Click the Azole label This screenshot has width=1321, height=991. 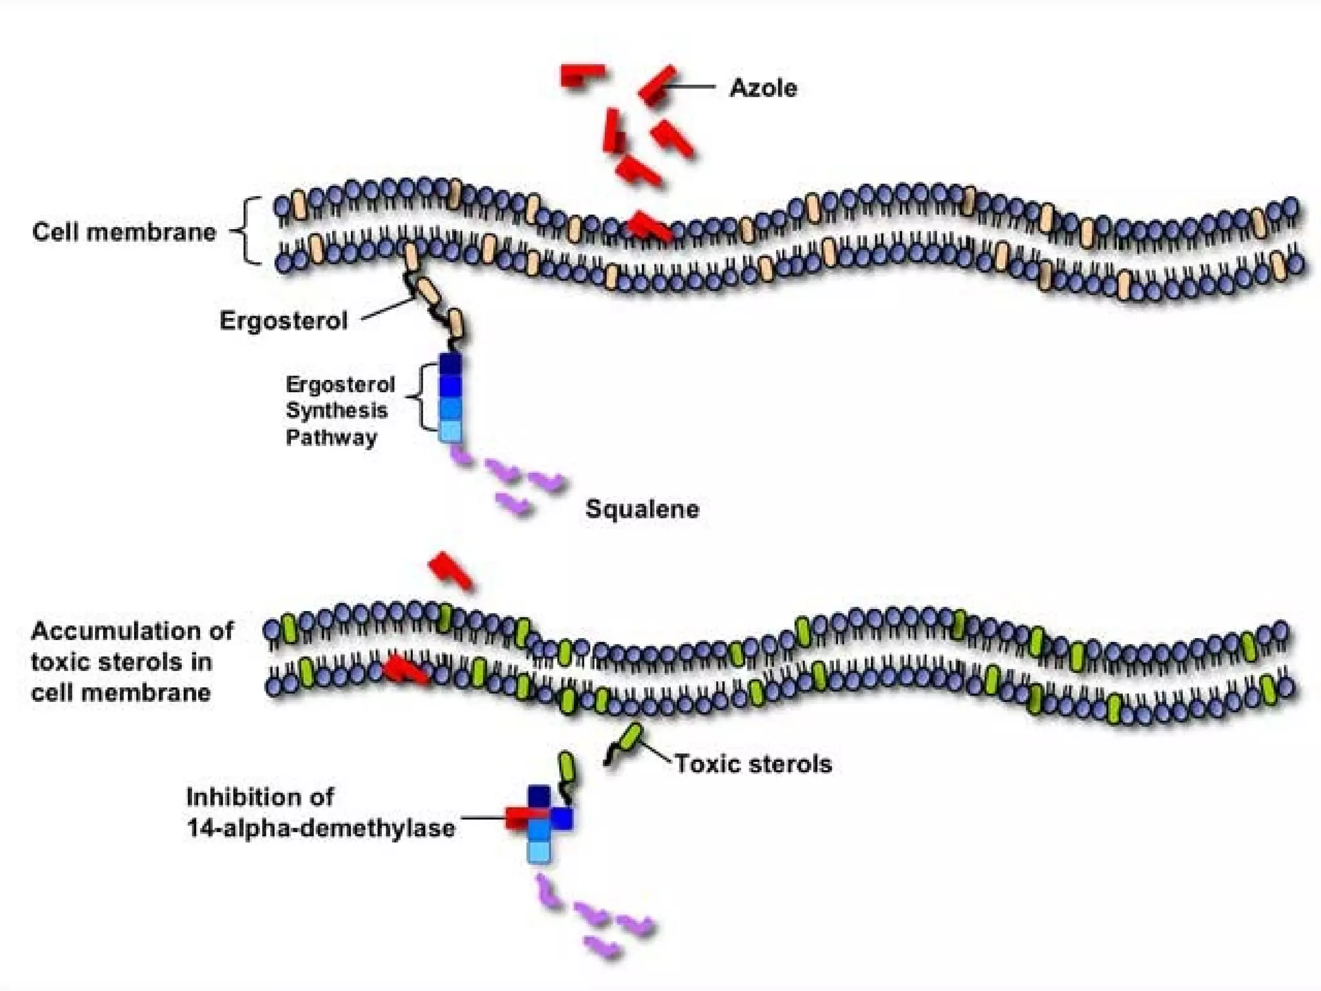point(763,88)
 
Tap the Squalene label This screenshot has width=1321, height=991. point(642,509)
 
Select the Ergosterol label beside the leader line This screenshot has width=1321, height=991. point(284,321)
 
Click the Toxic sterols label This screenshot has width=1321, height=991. point(753,764)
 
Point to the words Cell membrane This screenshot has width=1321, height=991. point(124,232)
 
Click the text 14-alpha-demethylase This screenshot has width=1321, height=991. point(321,828)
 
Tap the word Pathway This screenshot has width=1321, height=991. point(332,437)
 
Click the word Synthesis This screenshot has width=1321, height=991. point(337,410)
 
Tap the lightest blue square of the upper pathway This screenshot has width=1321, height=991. point(450,431)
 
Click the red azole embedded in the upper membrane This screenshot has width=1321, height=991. point(649,226)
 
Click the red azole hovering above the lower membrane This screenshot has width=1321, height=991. point(451,570)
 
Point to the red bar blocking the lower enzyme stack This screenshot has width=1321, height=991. point(524,817)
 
